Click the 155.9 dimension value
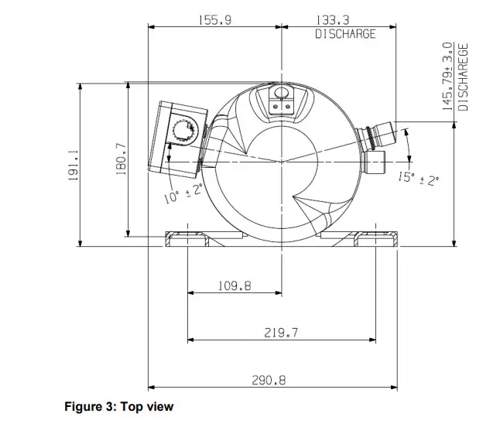click(214, 21)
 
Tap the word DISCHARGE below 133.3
click(345, 34)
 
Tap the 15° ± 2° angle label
click(418, 178)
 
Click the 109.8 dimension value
click(235, 286)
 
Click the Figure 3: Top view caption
click(118, 407)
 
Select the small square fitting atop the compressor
click(281, 99)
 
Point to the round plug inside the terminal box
click(186, 127)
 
